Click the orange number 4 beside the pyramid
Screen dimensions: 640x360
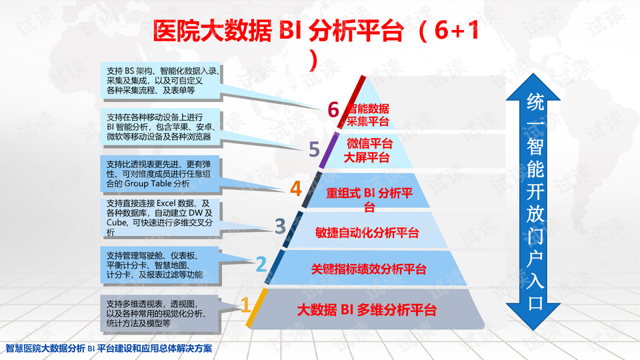(x=296, y=189)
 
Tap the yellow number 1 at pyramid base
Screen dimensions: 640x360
(x=245, y=305)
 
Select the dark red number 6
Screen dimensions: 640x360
(x=333, y=109)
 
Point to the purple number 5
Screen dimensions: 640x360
(x=314, y=149)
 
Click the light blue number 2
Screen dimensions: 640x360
(x=261, y=264)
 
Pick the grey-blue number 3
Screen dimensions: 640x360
(x=280, y=226)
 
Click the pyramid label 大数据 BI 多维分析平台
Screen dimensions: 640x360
(x=367, y=310)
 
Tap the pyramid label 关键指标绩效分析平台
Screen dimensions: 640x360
(x=369, y=269)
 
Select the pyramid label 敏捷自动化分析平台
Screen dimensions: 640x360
(x=367, y=233)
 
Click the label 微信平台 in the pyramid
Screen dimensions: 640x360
(x=369, y=144)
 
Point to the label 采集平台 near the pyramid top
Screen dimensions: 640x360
(x=367, y=121)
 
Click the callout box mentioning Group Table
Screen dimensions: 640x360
(x=161, y=174)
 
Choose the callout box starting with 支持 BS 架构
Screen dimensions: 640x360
(x=161, y=81)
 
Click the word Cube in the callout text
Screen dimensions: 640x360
(x=115, y=223)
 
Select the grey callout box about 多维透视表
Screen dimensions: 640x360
(x=161, y=313)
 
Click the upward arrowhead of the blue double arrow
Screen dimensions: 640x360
(x=533, y=87)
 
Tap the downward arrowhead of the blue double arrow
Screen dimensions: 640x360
(x=533, y=317)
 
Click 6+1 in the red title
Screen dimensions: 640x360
(x=457, y=31)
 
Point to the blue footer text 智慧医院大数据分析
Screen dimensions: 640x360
(x=45, y=349)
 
